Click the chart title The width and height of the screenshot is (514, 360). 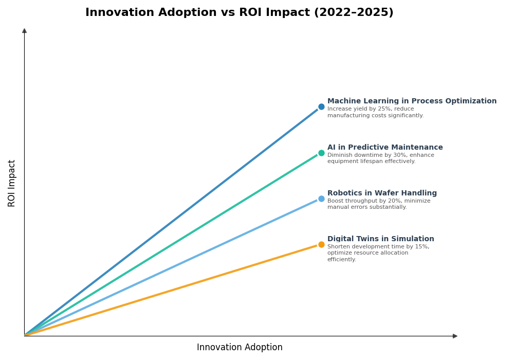(239, 13)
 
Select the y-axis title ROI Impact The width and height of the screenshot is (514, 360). (12, 183)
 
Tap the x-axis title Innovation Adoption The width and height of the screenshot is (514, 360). (240, 348)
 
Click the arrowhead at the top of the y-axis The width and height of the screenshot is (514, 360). (24, 31)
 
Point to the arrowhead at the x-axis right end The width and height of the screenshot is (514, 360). (455, 336)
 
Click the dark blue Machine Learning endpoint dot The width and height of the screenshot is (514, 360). (321, 107)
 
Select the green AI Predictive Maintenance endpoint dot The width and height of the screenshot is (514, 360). (321, 153)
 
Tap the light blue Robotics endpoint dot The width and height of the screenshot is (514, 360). (321, 199)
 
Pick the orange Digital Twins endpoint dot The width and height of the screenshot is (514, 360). (321, 244)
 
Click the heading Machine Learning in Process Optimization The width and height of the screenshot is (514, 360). (412, 101)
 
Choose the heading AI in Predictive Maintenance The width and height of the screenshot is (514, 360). (385, 148)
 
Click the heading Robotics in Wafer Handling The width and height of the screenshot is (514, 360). (382, 193)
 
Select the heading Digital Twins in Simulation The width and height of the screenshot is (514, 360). (380, 239)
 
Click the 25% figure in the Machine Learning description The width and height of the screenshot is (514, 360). (384, 109)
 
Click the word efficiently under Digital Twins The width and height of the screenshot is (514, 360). (341, 260)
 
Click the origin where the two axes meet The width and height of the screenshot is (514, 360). (24, 336)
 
